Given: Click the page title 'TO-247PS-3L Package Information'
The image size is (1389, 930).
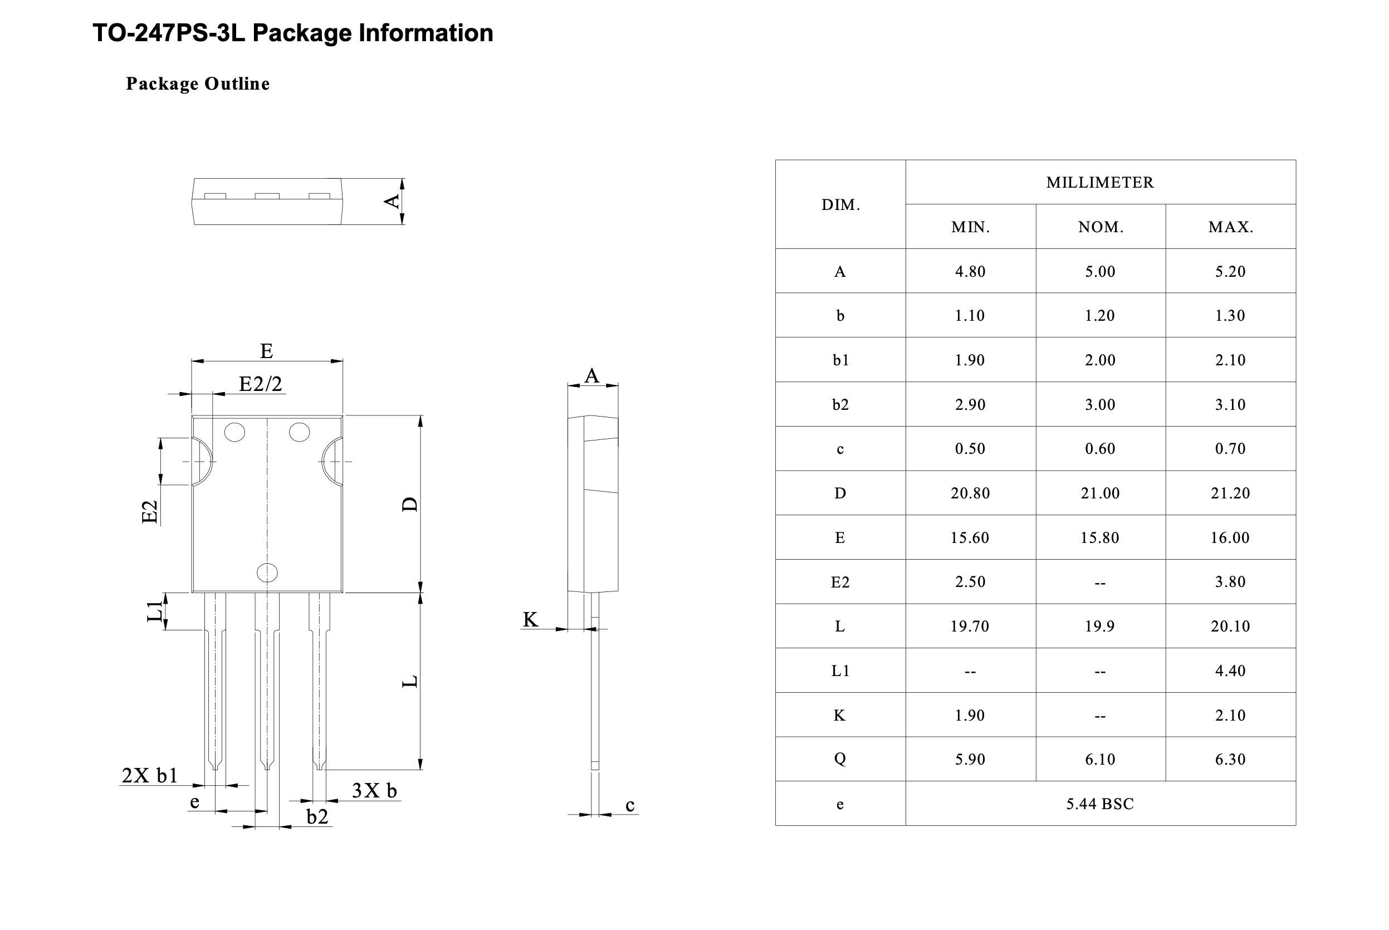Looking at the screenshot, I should (x=292, y=33).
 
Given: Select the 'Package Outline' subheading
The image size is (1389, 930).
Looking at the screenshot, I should (x=198, y=84).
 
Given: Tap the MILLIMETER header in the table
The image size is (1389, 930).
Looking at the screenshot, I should (x=1099, y=182).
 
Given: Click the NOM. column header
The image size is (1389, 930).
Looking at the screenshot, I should (x=1100, y=227).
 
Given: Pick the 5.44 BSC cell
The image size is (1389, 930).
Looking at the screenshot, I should (x=1099, y=804).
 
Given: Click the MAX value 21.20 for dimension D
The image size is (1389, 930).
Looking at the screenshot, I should (x=1230, y=493).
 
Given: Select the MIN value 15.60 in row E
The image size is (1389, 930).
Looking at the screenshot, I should (x=970, y=537).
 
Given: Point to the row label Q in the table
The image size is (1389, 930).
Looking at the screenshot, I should (x=840, y=759).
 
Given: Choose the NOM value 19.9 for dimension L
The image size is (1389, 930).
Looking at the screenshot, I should (x=1099, y=626).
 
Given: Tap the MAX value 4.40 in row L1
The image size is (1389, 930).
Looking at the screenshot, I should (x=1230, y=671).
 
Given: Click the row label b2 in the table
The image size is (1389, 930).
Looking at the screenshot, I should (x=840, y=404).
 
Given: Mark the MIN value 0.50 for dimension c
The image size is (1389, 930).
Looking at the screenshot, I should (x=970, y=449).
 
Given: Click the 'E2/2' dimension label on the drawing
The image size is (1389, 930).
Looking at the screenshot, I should (x=260, y=384).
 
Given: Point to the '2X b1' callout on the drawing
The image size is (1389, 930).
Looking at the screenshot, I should (x=149, y=775).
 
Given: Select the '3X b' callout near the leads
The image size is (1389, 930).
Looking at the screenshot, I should (x=374, y=791).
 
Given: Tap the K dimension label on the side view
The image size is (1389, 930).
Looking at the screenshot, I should (x=530, y=620).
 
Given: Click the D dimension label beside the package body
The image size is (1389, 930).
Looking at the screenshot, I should (x=410, y=504).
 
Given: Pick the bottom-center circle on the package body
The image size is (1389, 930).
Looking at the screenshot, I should (x=267, y=572).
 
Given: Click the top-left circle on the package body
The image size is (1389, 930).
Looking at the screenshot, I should (x=235, y=432).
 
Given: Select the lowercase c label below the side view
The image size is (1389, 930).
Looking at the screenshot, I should (x=630, y=805).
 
